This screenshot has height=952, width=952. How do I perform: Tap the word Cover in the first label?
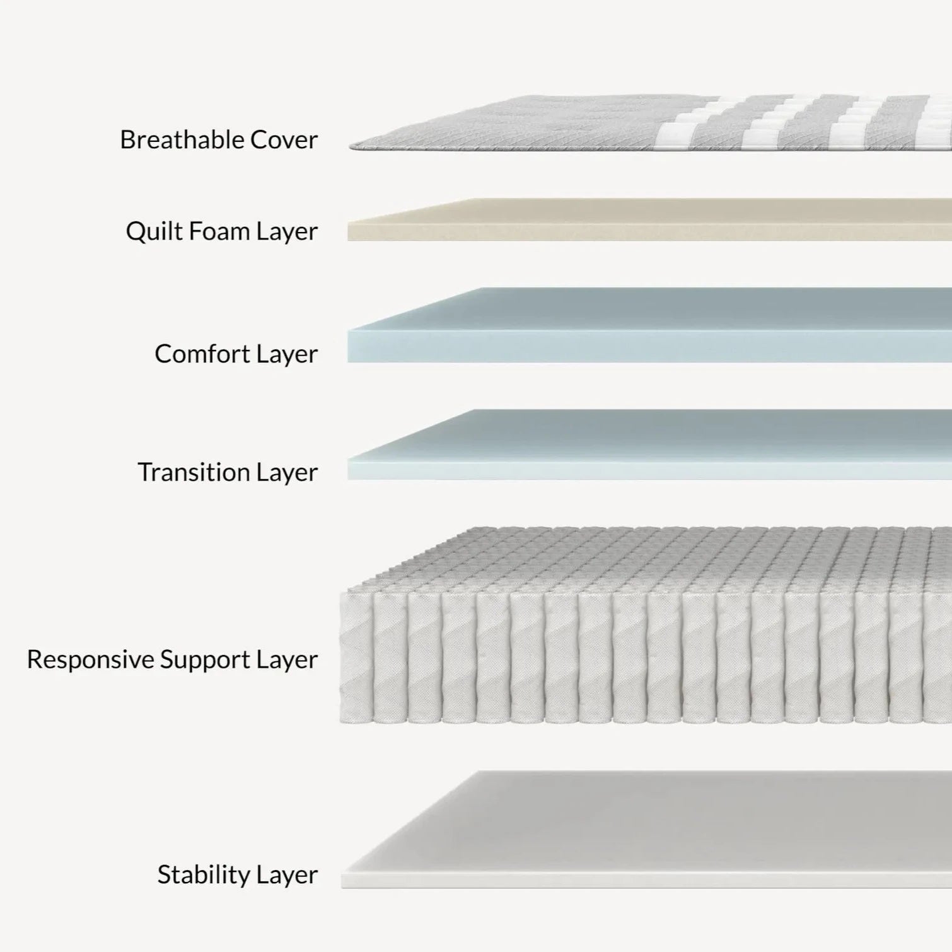tap(284, 139)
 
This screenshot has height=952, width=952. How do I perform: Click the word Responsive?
tap(90, 659)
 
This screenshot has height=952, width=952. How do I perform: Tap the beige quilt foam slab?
tap(649, 221)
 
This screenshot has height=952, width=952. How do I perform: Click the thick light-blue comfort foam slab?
tap(649, 328)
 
